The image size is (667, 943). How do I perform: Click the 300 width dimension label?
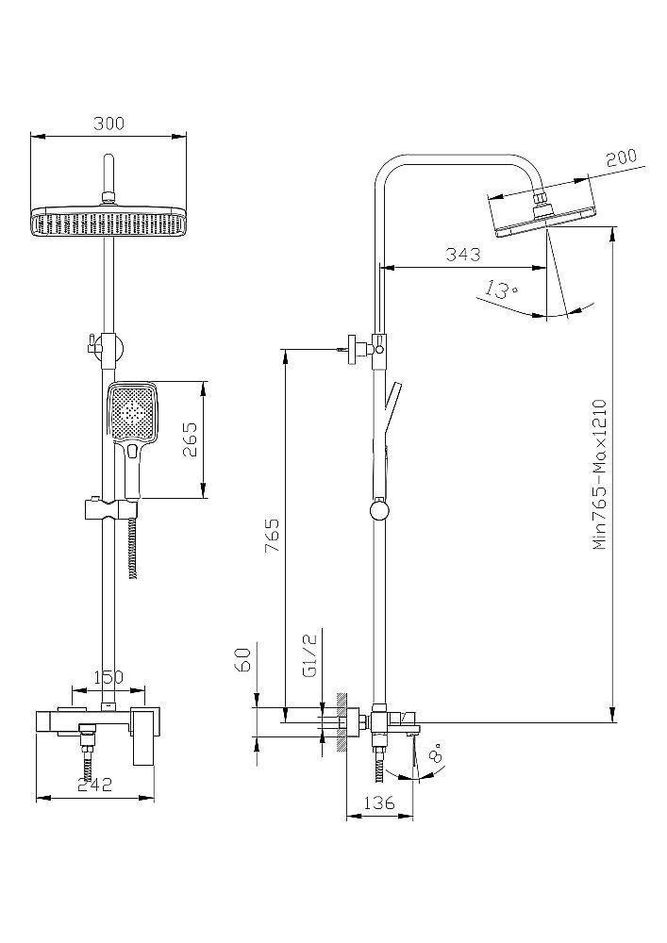108,124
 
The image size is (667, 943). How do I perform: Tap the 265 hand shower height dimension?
190,440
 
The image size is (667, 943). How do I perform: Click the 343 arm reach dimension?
462,255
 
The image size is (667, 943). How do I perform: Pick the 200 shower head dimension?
622,157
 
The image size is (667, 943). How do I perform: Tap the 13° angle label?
500,290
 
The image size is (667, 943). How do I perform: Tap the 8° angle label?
434,755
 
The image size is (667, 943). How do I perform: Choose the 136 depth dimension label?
379,804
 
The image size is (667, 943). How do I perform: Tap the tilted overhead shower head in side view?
544,214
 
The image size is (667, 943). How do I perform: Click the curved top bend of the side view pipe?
396,162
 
